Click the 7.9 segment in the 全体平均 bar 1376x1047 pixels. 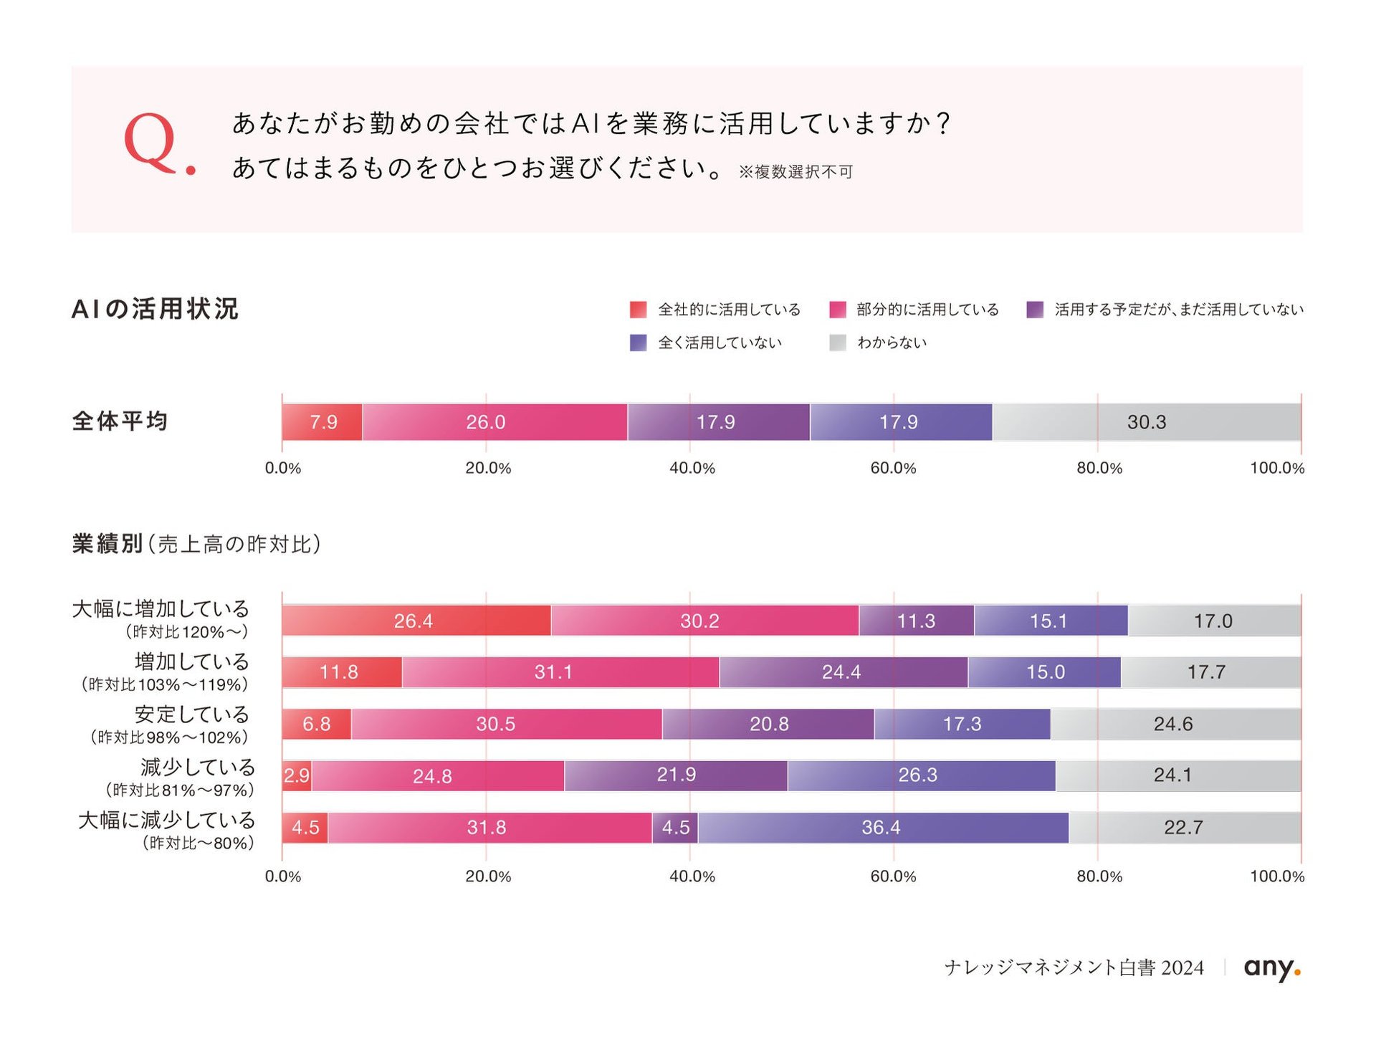pos(322,422)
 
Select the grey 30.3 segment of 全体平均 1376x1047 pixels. pos(1147,422)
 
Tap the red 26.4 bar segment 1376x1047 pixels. pos(416,621)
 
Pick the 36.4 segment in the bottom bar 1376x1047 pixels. pos(883,828)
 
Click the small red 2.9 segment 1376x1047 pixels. pos(297,776)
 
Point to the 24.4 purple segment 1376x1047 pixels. pos(844,672)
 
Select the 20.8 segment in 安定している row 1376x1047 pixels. pos(768,724)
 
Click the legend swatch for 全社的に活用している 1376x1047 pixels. pos(638,310)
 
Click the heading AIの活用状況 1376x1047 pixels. pos(155,309)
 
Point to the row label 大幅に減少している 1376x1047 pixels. pos(166,820)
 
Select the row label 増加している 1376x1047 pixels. pos(192,661)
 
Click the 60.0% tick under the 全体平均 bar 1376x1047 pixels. pos(893,468)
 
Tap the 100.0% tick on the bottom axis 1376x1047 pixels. pos(1277,876)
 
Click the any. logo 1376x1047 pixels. pos(1272,968)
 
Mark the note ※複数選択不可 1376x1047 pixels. pos(795,172)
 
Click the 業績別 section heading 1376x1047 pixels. pos(107,544)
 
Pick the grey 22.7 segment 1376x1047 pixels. pos(1185,828)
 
